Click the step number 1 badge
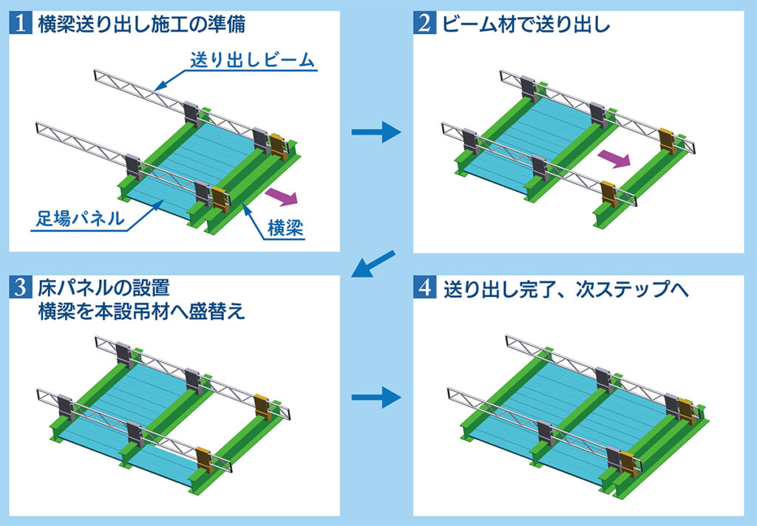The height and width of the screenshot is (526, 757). point(21,25)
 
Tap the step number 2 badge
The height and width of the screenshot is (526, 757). point(426,25)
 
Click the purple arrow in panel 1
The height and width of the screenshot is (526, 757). point(280,196)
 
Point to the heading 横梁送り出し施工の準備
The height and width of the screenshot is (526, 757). point(140,25)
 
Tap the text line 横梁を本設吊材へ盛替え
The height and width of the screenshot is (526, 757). point(140,311)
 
